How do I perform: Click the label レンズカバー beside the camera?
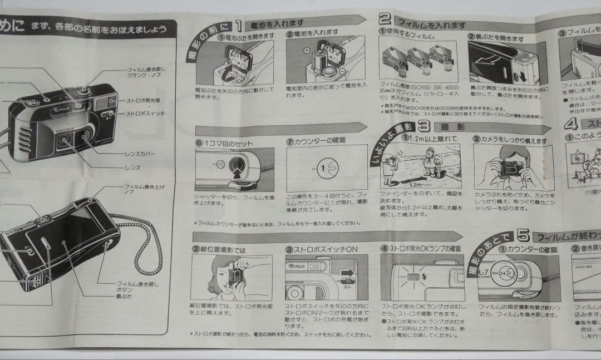[x=140, y=154]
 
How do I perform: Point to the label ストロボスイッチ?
[x=146, y=114]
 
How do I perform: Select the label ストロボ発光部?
[x=144, y=102]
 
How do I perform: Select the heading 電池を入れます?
[x=277, y=23]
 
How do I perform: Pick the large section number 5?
[x=522, y=235]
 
